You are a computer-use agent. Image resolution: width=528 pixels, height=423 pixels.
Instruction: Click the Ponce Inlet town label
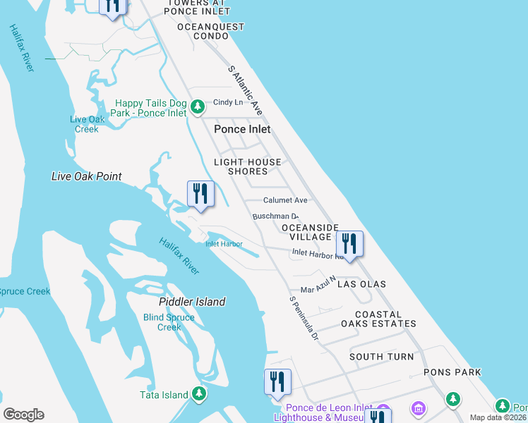pyautogui.click(x=242, y=129)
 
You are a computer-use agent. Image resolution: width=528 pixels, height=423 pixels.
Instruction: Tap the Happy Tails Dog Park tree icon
pyautogui.click(x=198, y=107)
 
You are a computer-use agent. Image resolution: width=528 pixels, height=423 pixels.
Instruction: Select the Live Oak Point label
pyautogui.click(x=87, y=176)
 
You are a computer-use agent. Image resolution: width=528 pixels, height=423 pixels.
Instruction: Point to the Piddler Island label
pyautogui.click(x=192, y=302)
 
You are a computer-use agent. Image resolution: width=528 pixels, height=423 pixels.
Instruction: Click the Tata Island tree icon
pyautogui.click(x=200, y=394)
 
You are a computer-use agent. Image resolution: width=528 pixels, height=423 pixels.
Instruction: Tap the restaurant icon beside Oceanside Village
pyautogui.click(x=349, y=244)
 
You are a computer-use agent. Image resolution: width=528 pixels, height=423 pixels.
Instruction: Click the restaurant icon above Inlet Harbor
pyautogui.click(x=200, y=194)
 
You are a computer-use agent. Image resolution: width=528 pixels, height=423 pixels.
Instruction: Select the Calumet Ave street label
pyautogui.click(x=285, y=200)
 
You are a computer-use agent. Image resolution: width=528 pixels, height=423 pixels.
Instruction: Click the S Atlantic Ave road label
pyautogui.click(x=246, y=91)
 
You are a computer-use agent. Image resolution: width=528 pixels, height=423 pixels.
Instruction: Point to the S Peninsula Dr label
pyautogui.click(x=305, y=319)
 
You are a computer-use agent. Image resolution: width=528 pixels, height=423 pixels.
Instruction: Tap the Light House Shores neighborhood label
pyautogui.click(x=248, y=166)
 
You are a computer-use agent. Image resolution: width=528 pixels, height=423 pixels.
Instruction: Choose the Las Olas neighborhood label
pyautogui.click(x=362, y=283)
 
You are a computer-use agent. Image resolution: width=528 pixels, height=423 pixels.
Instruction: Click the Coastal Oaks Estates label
pyautogui.click(x=378, y=319)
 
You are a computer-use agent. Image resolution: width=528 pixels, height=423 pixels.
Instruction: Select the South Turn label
pyautogui.click(x=382, y=357)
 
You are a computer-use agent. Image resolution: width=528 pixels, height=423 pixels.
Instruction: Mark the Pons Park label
pyautogui.click(x=452, y=372)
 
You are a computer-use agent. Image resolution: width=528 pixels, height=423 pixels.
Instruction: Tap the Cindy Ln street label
pyautogui.click(x=228, y=102)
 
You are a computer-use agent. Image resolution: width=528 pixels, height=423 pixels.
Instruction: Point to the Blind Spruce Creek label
pyautogui.click(x=169, y=322)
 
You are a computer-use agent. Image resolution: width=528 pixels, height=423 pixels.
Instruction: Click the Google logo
pyautogui.click(x=23, y=415)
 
